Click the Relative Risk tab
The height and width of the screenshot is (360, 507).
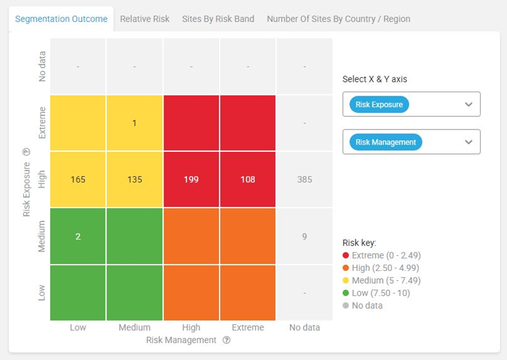pos(145,19)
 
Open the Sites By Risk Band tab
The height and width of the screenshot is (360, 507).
pos(218,19)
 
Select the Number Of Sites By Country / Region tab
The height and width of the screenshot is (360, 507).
pos(338,19)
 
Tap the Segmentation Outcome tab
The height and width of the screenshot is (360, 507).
pos(61,19)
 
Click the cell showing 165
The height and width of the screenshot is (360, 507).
pos(78,179)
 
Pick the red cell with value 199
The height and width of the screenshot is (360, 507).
pos(191,179)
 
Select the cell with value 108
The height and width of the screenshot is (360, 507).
pos(247,179)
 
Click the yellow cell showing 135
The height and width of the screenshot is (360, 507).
pos(134,179)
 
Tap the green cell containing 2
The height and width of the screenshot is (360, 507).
pos(78,236)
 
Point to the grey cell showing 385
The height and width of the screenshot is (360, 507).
pos(305,179)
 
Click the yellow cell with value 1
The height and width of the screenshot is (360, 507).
pos(134,123)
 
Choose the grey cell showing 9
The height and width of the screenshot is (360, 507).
pos(305,236)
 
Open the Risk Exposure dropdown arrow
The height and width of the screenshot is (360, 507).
pos(469,104)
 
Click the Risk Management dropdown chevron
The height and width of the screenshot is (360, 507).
pos(469,142)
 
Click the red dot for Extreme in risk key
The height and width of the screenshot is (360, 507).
pos(346,255)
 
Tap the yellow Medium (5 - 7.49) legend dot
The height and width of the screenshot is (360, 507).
pos(346,281)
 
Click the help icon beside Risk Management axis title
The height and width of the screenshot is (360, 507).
pos(226,340)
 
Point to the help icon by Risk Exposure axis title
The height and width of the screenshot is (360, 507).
pos(26,152)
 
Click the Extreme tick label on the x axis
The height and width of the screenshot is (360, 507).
pos(247,327)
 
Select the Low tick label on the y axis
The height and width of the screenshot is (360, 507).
pos(42,293)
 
